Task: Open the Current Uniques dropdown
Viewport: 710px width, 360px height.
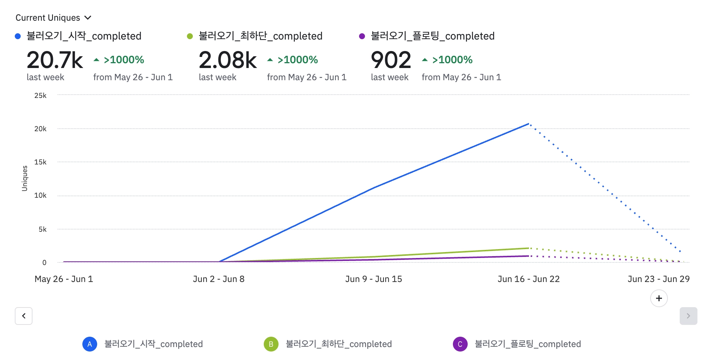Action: (x=53, y=18)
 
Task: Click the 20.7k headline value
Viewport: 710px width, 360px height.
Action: (x=55, y=60)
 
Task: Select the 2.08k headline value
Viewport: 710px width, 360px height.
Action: (x=227, y=60)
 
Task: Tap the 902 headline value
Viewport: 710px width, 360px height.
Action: (x=391, y=60)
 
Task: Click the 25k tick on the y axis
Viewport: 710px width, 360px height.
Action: (x=40, y=95)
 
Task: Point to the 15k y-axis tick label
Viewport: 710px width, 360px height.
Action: (x=40, y=162)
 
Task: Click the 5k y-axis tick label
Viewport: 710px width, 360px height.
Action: (x=42, y=229)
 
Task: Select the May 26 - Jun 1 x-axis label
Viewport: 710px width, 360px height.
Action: (x=64, y=279)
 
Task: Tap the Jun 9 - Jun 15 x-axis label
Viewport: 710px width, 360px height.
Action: (x=373, y=279)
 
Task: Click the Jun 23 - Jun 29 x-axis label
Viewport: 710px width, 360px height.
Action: (x=658, y=279)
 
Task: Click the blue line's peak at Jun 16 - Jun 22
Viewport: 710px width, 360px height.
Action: (x=529, y=124)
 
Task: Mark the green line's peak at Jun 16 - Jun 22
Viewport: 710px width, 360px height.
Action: (x=529, y=248)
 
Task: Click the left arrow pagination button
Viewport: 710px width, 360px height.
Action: (x=24, y=316)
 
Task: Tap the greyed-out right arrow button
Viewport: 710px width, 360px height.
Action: (x=688, y=316)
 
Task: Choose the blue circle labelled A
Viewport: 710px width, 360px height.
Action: (x=90, y=344)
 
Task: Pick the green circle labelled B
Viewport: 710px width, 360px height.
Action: (x=271, y=344)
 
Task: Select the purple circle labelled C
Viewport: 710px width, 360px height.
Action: (x=460, y=344)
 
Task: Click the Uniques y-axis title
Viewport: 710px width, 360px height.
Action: (x=25, y=178)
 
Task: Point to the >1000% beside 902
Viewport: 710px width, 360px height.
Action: (x=452, y=60)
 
